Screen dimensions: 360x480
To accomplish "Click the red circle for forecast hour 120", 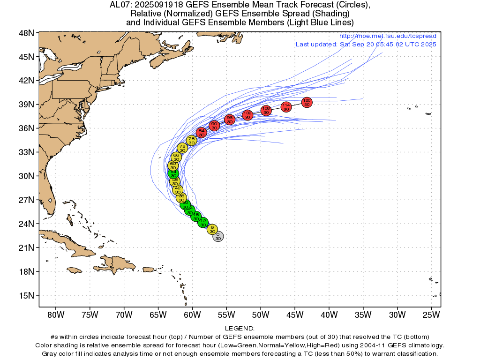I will pos(307,102).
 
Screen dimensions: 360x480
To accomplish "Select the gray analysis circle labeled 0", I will pos(218,236).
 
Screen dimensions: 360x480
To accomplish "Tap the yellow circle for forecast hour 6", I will pos(212,229).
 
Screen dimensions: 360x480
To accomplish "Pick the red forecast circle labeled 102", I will pos(247,115).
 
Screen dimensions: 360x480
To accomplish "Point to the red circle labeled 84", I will pos(202,133).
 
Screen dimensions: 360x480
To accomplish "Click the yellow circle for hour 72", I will pos(182,148).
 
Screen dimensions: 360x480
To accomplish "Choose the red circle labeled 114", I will pos(286,107).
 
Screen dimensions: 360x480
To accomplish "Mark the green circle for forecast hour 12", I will pos(203,222).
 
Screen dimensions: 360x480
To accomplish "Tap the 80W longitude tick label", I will pos(55,314).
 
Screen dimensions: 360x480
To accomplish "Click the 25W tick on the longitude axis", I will pos(431,314).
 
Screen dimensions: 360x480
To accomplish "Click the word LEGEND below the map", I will pos(240,329).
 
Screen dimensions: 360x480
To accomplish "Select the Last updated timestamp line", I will pos(366,44).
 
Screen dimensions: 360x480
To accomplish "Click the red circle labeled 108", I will pos(266,111).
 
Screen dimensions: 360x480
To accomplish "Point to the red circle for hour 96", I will pos(230,120).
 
